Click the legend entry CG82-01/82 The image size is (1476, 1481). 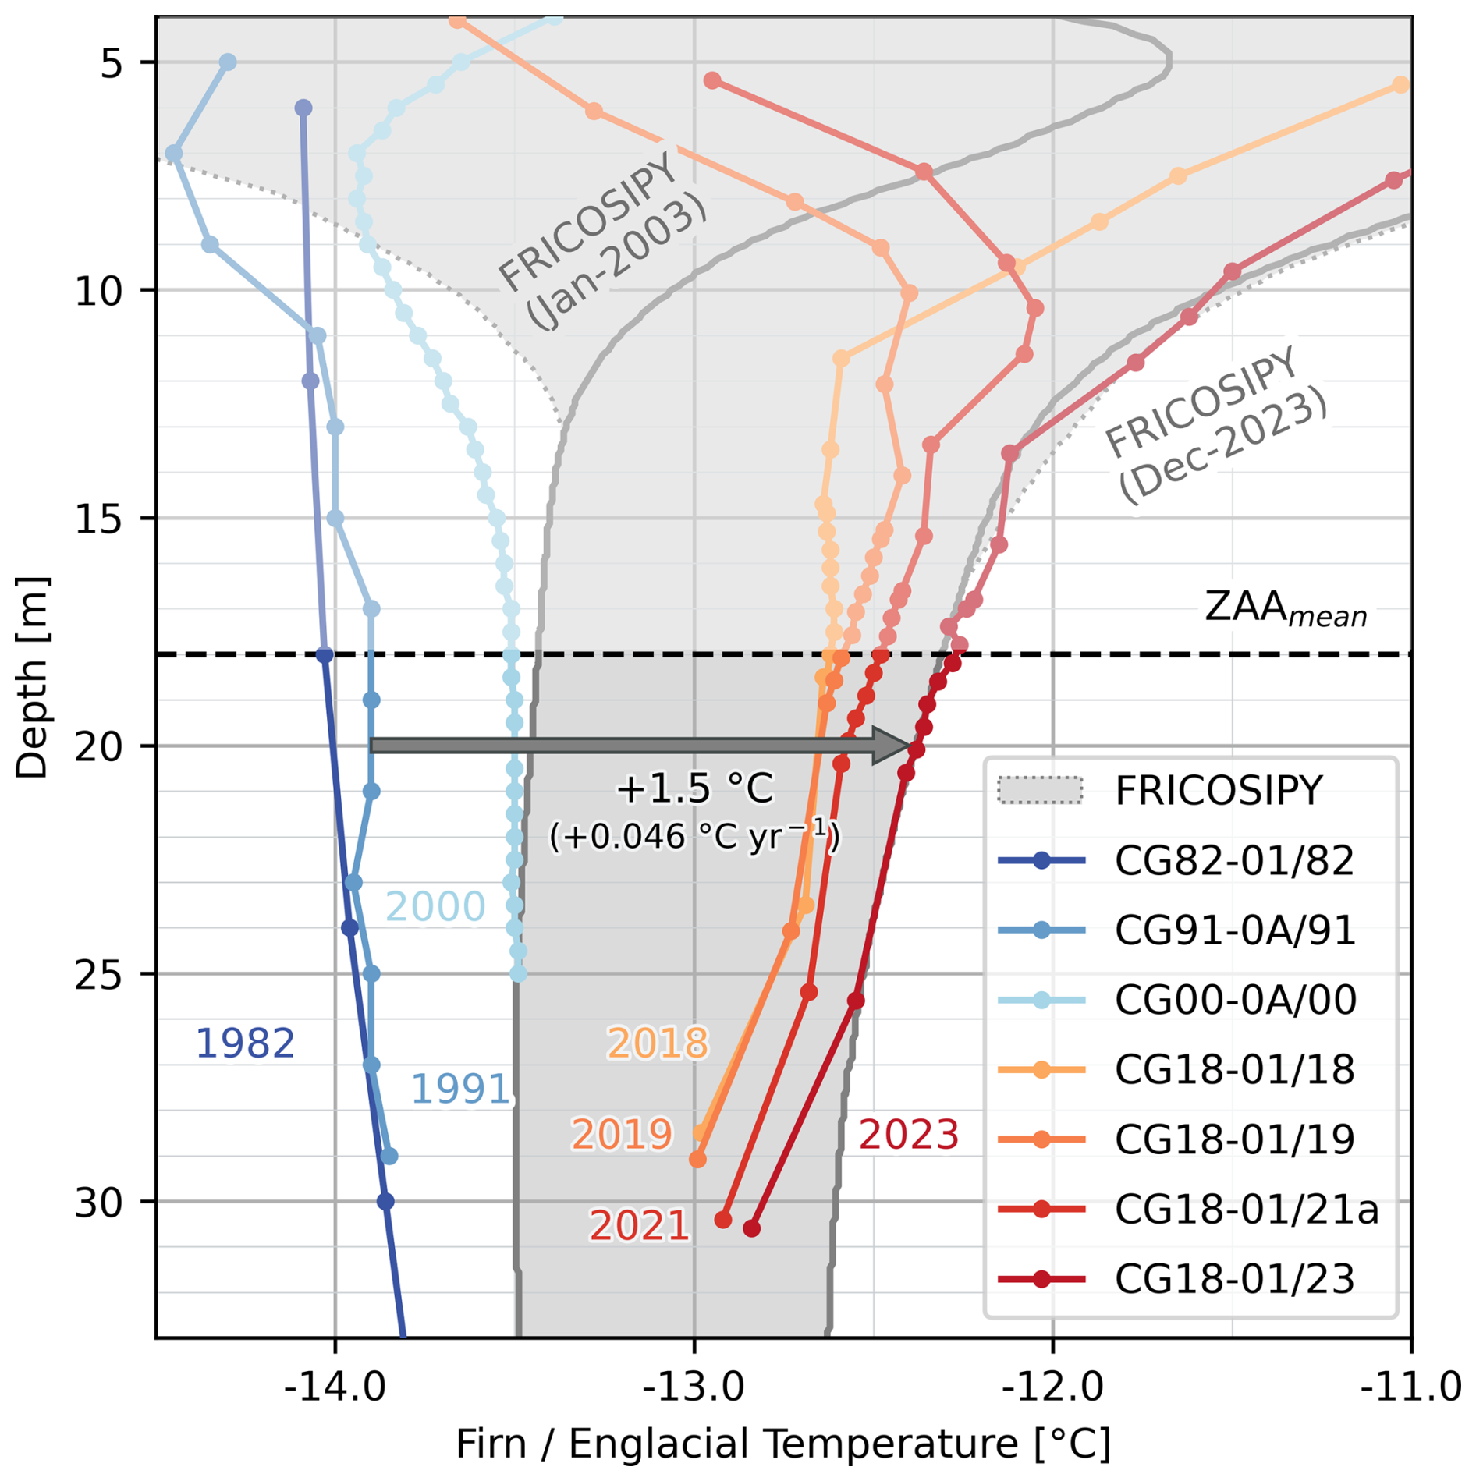pyautogui.click(x=1233, y=861)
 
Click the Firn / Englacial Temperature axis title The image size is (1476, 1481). pyautogui.click(x=782, y=1444)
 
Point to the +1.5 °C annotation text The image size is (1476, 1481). pyautogui.click(x=694, y=788)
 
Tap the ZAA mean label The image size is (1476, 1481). pyautogui.click(x=1286, y=608)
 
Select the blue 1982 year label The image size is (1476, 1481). pyautogui.click(x=245, y=1043)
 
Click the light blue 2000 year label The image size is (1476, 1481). pyautogui.click(x=435, y=906)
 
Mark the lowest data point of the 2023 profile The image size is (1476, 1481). pyautogui.click(x=751, y=1228)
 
